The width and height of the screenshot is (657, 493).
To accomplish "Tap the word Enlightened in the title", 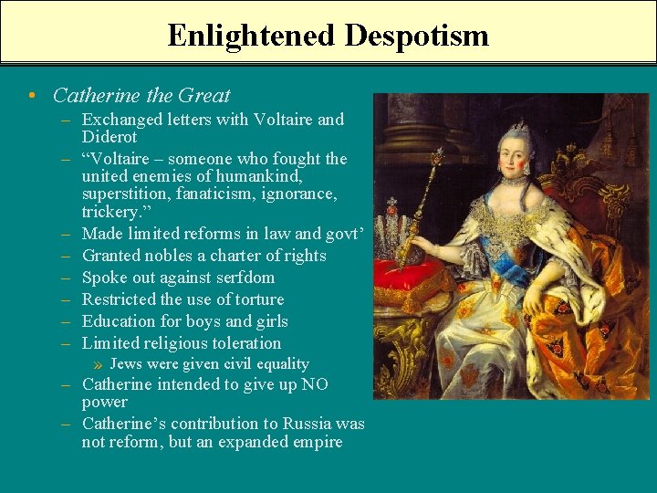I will tap(252, 36).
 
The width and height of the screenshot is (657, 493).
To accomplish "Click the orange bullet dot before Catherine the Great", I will tap(32, 96).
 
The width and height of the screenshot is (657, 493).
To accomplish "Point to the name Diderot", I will tap(109, 137).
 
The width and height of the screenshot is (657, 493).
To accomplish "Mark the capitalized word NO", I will tap(315, 384).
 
